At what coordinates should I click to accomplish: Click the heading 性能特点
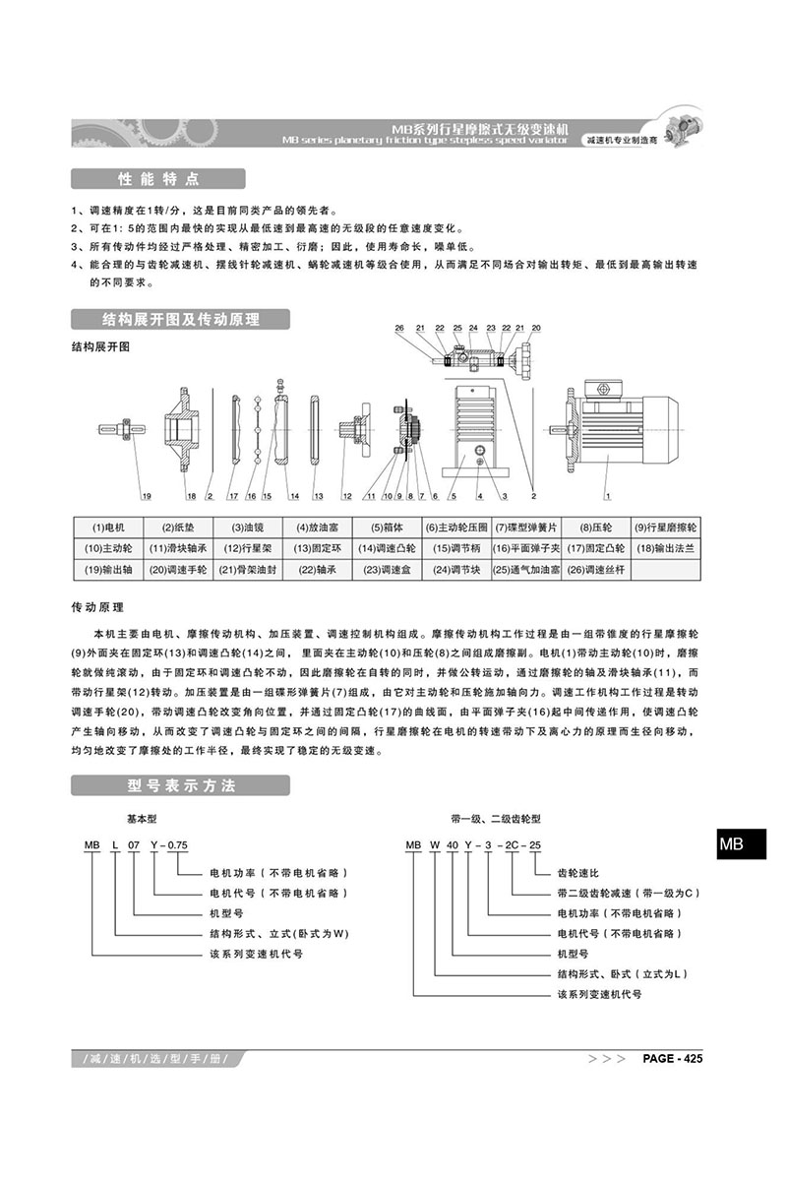(157, 179)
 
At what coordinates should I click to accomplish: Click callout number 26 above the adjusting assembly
(399, 328)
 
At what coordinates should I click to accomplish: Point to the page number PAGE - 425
(671, 1059)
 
